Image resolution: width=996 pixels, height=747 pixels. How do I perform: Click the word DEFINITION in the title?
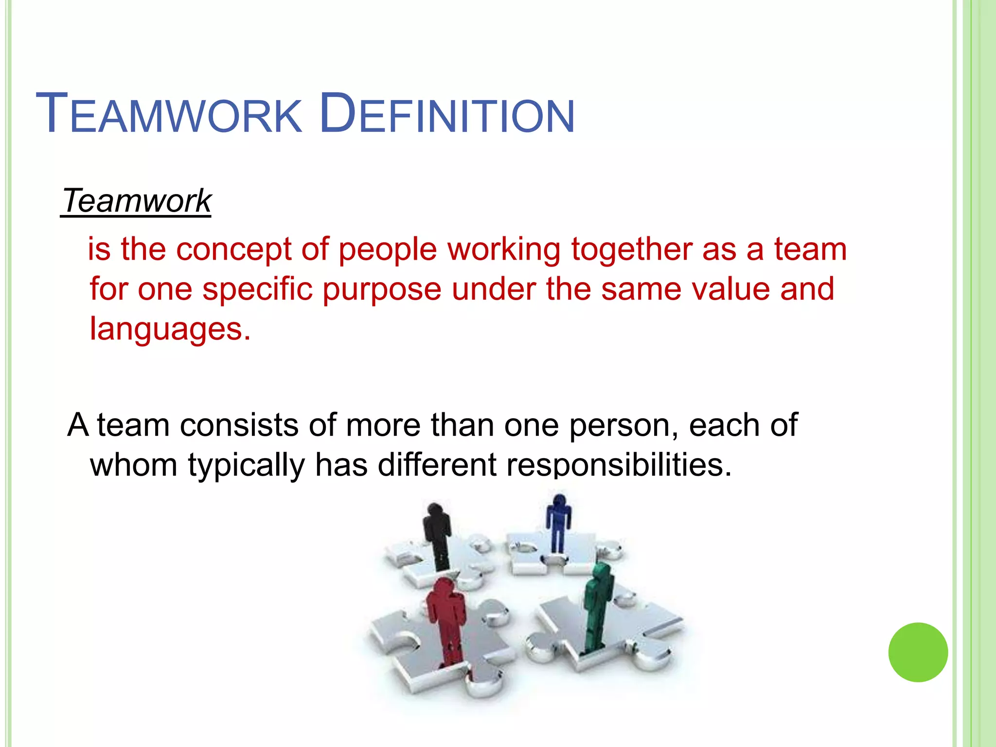click(x=447, y=114)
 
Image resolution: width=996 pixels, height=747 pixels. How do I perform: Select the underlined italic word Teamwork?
click(x=137, y=200)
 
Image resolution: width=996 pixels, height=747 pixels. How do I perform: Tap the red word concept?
click(x=233, y=249)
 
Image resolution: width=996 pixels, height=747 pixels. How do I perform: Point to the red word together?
click(x=631, y=249)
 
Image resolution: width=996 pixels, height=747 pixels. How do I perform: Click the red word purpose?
click(x=382, y=290)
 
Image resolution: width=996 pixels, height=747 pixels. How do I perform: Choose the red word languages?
click(x=170, y=330)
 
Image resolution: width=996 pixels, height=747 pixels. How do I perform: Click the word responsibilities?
click(x=619, y=465)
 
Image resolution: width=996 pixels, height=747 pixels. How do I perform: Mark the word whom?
click(x=134, y=465)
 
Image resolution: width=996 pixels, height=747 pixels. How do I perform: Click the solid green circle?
click(x=918, y=652)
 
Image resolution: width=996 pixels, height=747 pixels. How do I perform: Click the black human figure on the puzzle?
click(x=438, y=535)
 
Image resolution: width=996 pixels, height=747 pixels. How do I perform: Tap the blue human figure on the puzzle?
click(x=558, y=523)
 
